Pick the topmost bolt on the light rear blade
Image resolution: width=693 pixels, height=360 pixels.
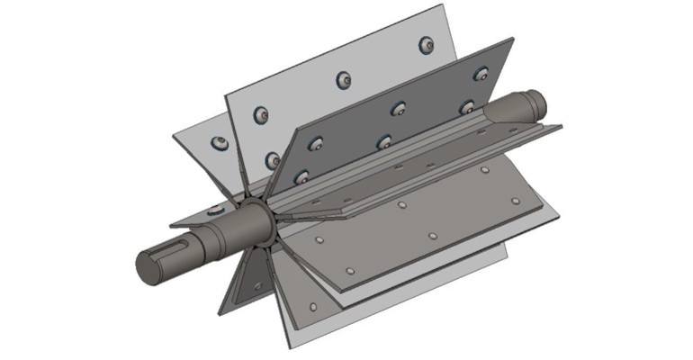(x=426, y=44)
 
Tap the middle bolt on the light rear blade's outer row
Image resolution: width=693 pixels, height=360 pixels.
(x=343, y=80)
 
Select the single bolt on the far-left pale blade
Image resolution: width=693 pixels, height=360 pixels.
(x=218, y=143)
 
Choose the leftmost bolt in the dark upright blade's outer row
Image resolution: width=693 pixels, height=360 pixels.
(x=316, y=143)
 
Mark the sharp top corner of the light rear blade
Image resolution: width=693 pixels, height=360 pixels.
(x=443, y=5)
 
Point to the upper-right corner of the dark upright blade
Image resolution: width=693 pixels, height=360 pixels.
(x=512, y=39)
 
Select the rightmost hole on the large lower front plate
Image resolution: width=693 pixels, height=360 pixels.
(x=516, y=201)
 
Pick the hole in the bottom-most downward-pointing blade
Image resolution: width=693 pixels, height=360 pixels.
(x=311, y=308)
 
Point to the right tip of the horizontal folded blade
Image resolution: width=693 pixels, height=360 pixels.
(x=562, y=129)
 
